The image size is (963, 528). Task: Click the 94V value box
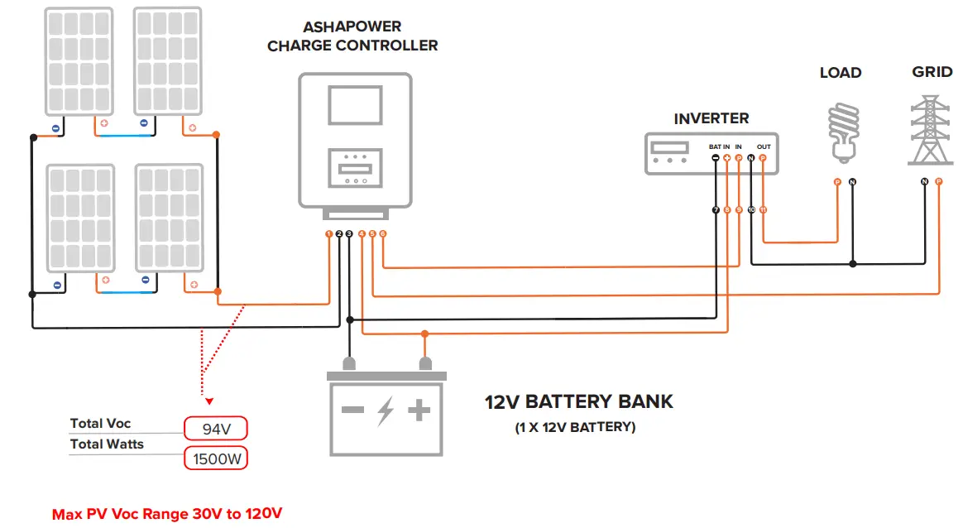(215, 428)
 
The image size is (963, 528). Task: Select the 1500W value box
(215, 458)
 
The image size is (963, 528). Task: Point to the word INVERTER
(711, 118)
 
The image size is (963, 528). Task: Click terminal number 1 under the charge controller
(329, 234)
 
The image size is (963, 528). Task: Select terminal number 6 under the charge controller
(383, 234)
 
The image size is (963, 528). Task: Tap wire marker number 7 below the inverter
(716, 210)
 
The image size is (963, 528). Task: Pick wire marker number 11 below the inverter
(763, 210)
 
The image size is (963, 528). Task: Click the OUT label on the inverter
(764, 146)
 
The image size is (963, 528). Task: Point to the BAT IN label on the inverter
(719, 146)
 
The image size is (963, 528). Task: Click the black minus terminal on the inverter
(716, 157)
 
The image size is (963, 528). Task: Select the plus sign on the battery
(420, 410)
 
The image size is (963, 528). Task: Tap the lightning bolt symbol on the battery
(386, 410)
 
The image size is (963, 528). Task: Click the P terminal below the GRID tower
(938, 181)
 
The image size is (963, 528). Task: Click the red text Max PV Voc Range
(167, 514)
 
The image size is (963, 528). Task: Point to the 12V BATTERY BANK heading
(579, 402)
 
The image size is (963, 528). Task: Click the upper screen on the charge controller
(354, 104)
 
